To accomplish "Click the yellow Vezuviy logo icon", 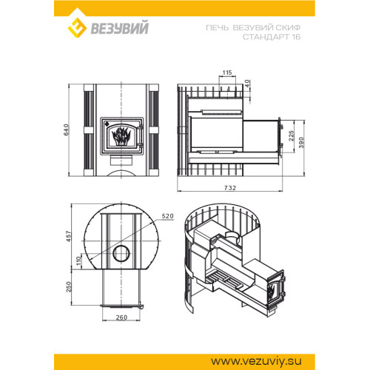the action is (77, 27).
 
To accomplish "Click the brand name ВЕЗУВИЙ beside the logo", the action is (120, 28).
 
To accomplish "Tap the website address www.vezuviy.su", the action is (256, 361).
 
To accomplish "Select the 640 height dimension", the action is (67, 129).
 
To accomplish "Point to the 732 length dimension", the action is (230, 188).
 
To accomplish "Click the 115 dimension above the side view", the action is (227, 73).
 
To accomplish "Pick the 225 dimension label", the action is (292, 136).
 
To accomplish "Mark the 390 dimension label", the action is (301, 143).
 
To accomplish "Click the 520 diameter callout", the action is (168, 216).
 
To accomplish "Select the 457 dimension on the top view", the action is (69, 236).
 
